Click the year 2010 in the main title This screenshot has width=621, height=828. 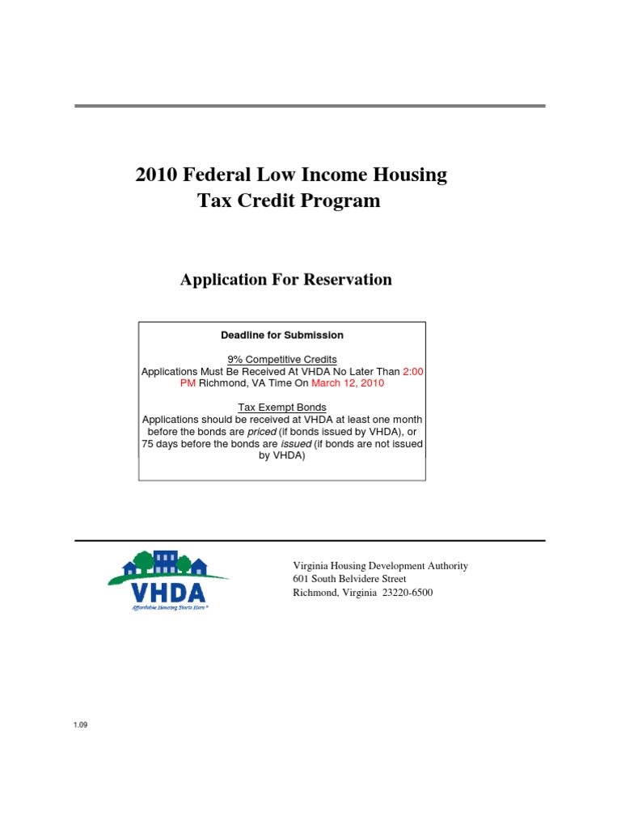(x=156, y=175)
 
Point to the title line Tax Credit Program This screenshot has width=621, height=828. (x=289, y=201)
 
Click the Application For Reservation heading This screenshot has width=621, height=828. (x=285, y=280)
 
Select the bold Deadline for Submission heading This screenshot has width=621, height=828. (x=282, y=335)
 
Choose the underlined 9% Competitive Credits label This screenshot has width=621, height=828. (x=282, y=359)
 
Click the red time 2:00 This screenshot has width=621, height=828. (x=413, y=371)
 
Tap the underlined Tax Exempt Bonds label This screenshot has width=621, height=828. (x=282, y=408)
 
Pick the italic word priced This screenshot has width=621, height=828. (x=261, y=432)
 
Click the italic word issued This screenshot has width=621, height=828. (x=296, y=444)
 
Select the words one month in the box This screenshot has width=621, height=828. (x=397, y=420)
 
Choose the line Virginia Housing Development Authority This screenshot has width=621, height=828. (x=380, y=566)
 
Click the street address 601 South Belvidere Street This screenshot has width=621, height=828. (x=349, y=579)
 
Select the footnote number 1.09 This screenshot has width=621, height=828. (x=80, y=724)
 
